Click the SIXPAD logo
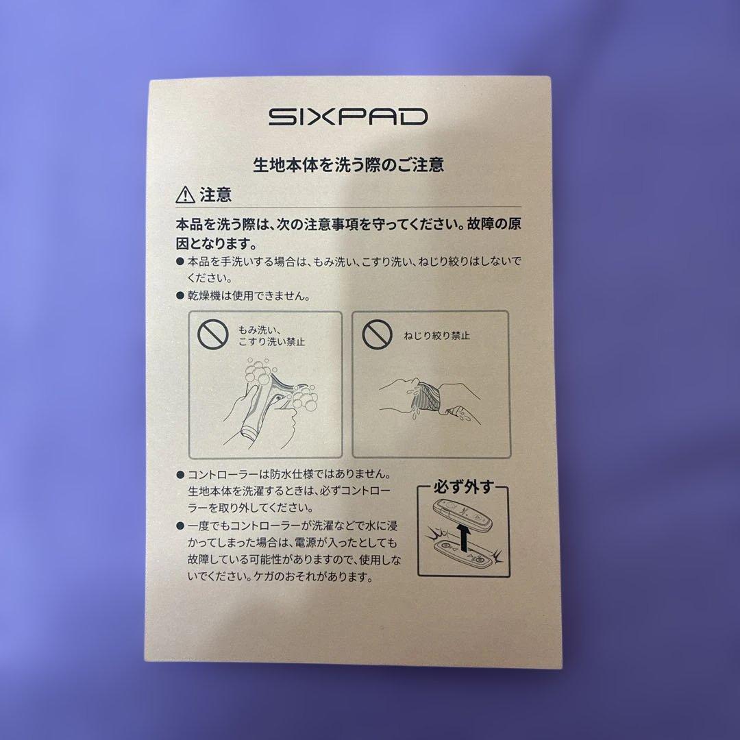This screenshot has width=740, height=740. click(x=347, y=116)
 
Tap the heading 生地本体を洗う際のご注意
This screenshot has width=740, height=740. click(x=349, y=164)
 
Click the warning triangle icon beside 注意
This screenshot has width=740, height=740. click(x=184, y=196)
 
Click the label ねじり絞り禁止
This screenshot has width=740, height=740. click(x=436, y=336)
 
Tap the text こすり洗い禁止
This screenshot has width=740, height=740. click(x=272, y=341)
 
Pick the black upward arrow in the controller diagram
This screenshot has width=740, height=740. click(x=465, y=536)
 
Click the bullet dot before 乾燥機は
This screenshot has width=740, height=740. click(x=180, y=297)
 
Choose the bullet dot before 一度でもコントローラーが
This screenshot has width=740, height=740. click(x=180, y=526)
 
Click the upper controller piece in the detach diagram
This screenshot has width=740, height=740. click(x=465, y=513)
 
